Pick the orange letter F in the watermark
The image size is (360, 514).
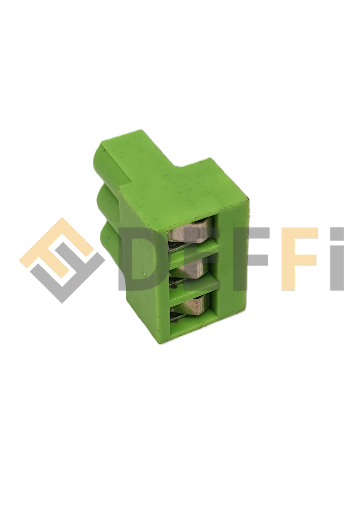tap(300, 259)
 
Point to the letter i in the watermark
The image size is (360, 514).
tap(337, 259)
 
